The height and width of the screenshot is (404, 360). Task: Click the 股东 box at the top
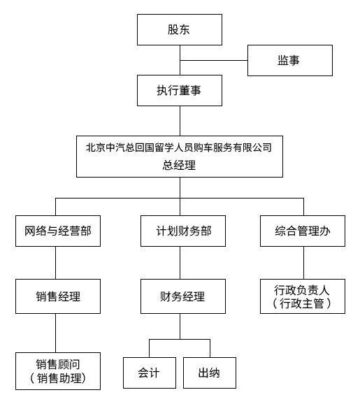click(x=179, y=30)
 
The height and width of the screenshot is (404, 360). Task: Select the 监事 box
click(x=289, y=60)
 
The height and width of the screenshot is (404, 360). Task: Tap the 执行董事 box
click(x=179, y=89)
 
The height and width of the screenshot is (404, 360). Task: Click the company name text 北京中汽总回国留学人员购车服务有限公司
click(x=179, y=147)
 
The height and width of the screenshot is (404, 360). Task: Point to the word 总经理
click(x=179, y=166)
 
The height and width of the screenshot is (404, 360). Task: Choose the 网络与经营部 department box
click(x=57, y=231)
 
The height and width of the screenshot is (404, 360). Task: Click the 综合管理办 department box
click(x=302, y=231)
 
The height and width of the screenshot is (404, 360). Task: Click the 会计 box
click(x=149, y=373)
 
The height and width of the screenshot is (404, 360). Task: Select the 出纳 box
click(x=210, y=373)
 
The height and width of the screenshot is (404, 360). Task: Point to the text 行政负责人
click(x=302, y=289)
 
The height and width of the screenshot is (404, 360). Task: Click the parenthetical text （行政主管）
click(x=302, y=304)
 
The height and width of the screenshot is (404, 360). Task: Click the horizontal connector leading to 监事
click(x=213, y=60)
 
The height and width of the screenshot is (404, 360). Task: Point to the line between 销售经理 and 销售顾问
click(x=57, y=333)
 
